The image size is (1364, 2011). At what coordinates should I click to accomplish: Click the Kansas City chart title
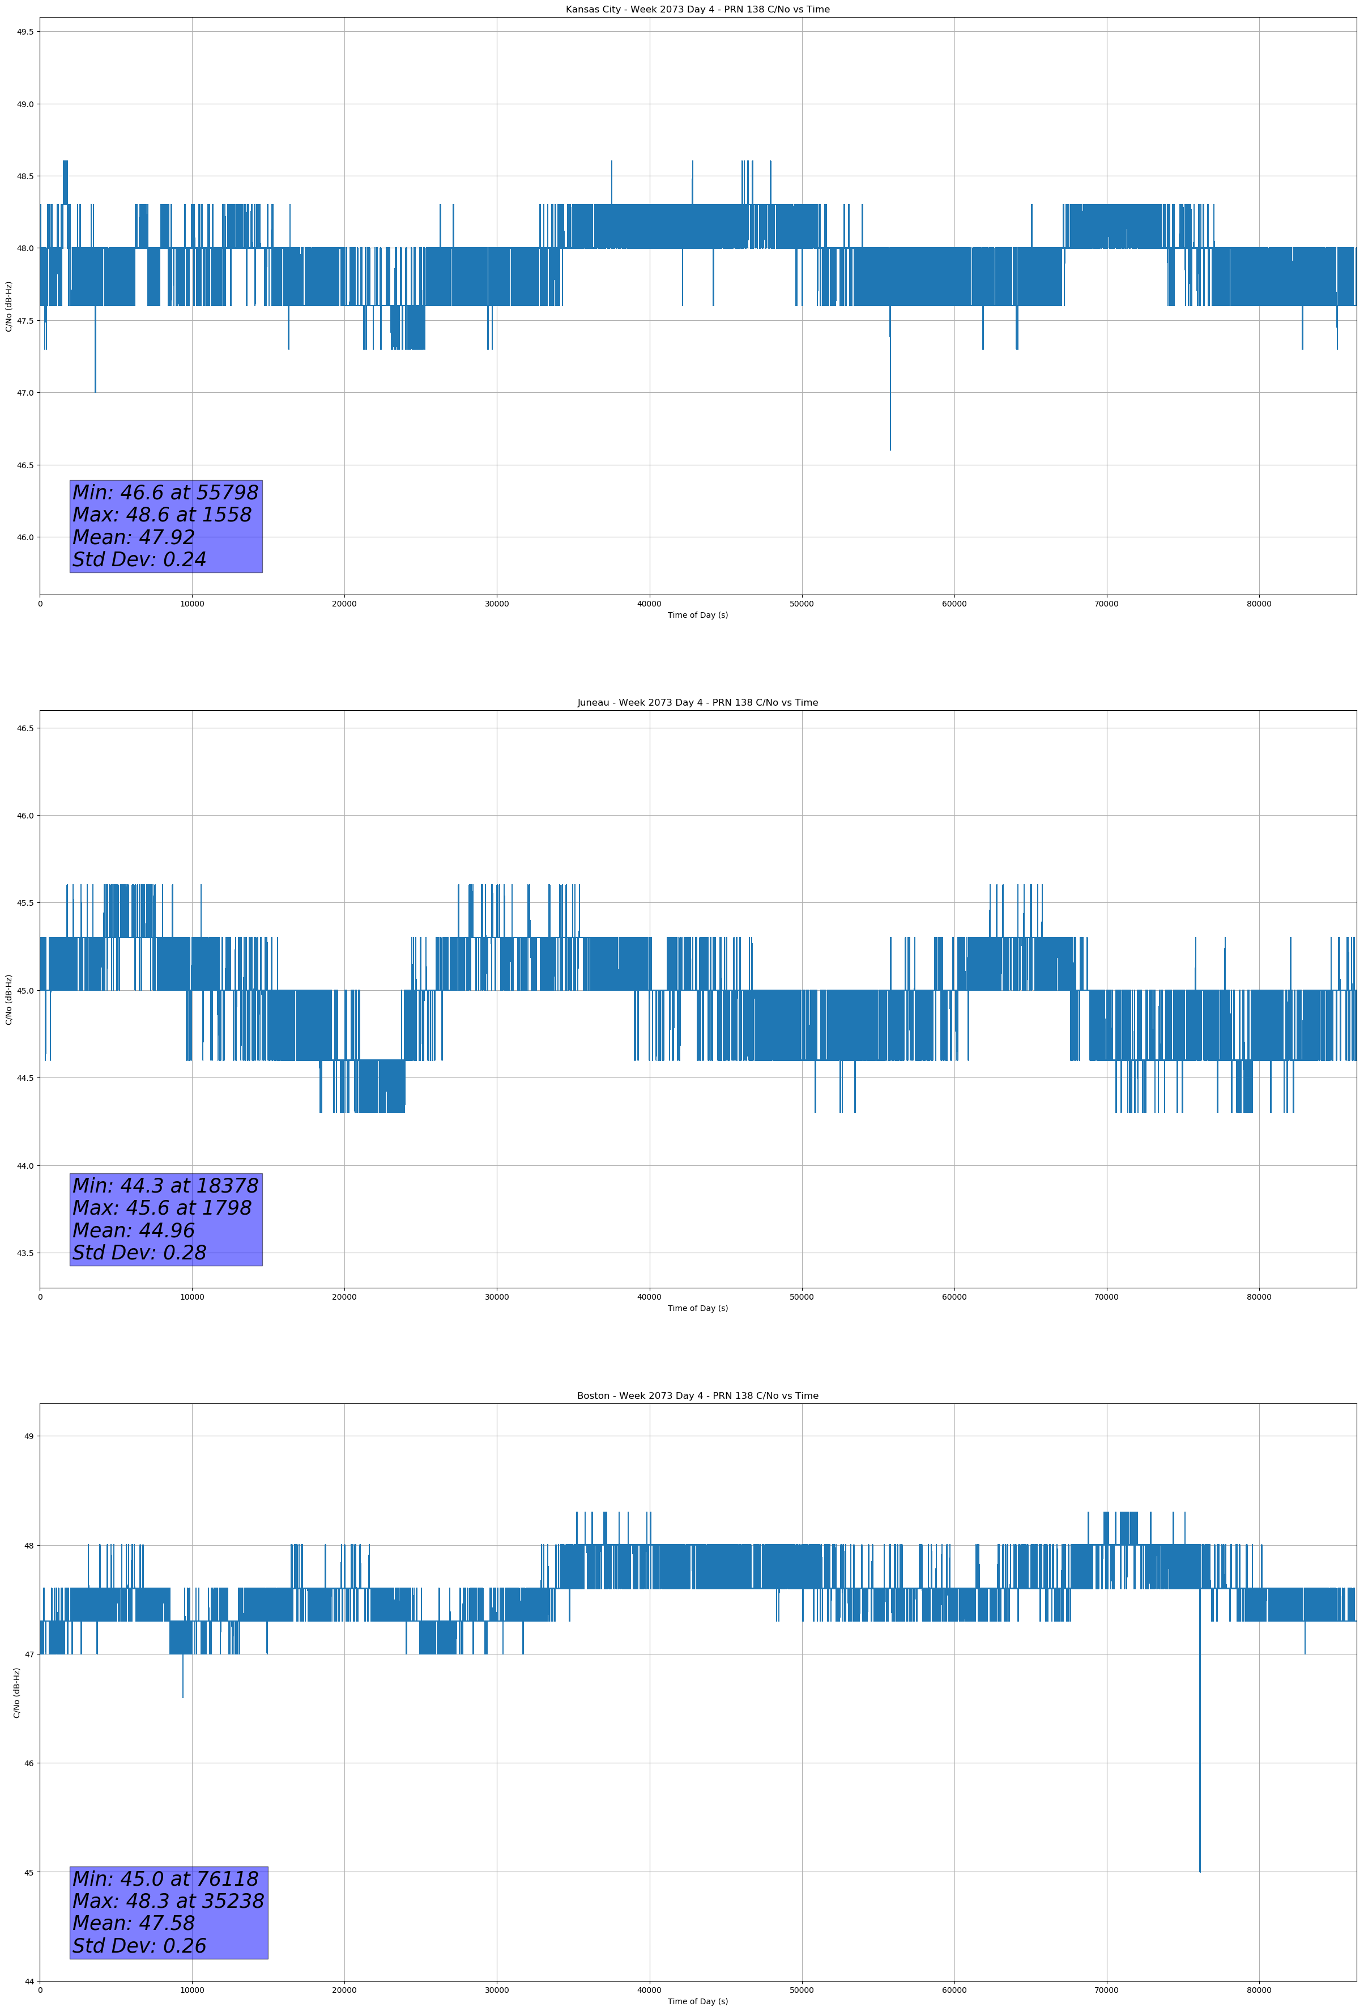click(697, 10)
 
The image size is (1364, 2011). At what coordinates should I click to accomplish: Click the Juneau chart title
click(697, 703)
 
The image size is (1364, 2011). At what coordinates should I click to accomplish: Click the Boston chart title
click(697, 1396)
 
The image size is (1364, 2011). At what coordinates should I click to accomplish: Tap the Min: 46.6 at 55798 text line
click(165, 493)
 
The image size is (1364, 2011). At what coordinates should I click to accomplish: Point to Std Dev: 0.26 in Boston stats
click(139, 1945)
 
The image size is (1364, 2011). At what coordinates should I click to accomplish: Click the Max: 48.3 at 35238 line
click(168, 1901)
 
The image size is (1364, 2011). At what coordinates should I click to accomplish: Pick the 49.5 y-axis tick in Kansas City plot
click(25, 32)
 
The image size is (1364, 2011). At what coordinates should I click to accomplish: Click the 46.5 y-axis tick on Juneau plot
click(25, 728)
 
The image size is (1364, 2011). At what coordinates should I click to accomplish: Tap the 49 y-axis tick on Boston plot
click(29, 1436)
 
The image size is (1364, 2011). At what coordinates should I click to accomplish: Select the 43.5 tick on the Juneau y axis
click(25, 1253)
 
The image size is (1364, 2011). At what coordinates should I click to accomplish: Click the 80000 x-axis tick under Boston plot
click(1259, 1990)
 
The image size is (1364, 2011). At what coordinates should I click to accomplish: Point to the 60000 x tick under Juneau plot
click(954, 1296)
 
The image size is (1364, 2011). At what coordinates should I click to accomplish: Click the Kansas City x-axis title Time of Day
click(697, 615)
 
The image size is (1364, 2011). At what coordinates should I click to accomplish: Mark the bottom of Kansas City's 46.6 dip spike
click(890, 449)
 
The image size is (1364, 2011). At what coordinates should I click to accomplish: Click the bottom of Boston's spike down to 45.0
click(1200, 1871)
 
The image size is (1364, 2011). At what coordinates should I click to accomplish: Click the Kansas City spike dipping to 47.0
click(95, 391)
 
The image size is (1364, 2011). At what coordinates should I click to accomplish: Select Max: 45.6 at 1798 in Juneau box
click(162, 1208)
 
